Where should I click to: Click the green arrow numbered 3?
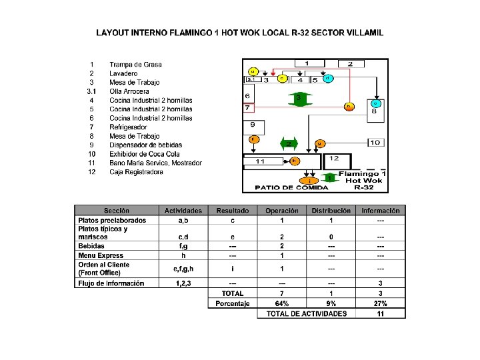(299, 99)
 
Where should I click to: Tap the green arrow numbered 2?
(289, 143)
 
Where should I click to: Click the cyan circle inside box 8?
(376, 103)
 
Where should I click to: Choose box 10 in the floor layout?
(375, 142)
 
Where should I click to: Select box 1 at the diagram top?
(306, 63)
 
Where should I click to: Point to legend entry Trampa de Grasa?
(135, 64)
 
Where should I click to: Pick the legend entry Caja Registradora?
(136, 172)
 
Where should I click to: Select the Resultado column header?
(232, 211)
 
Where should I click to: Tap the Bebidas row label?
(91, 246)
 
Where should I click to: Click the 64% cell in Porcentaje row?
(281, 303)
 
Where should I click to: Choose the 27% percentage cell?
(380, 303)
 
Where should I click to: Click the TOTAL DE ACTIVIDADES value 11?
(380, 313)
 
